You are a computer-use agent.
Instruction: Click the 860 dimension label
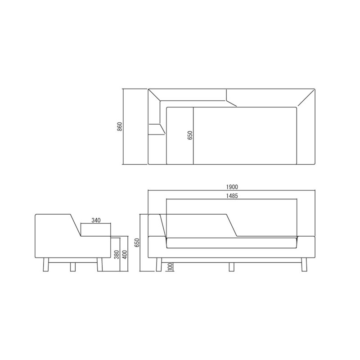120,126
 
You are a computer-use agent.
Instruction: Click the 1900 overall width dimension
232,187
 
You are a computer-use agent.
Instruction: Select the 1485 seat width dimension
232,196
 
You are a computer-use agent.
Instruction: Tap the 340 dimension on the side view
96,220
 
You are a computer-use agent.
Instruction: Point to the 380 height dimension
117,255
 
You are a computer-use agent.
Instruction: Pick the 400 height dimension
125,255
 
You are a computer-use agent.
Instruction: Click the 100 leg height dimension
170,267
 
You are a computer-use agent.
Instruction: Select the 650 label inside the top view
190,135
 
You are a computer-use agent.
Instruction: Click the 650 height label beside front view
137,243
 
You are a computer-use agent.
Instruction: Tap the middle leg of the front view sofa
231,267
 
